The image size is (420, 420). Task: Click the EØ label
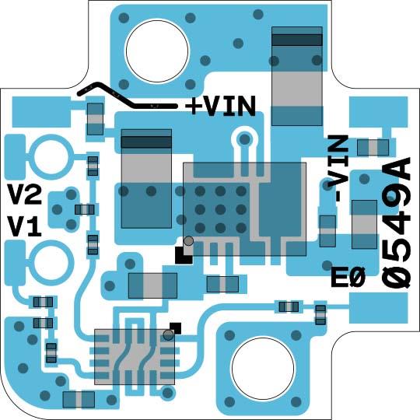pos(347,277)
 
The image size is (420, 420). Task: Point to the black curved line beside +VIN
pos(124,95)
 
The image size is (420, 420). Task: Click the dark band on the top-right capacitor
pos(296,39)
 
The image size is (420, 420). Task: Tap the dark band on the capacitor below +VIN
pos(146,142)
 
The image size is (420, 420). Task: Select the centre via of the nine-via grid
pos(220,209)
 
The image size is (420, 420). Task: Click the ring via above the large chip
pos(244,139)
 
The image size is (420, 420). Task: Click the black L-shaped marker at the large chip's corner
pos(183,255)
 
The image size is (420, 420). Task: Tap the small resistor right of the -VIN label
pos(373,147)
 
